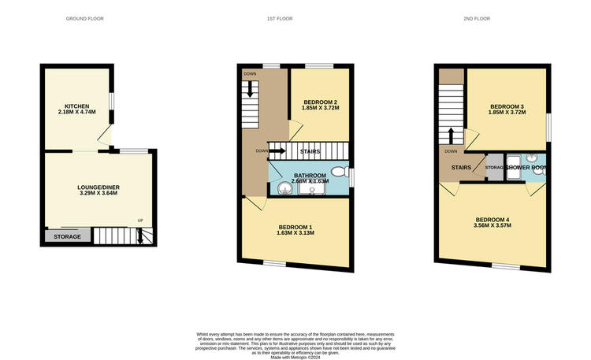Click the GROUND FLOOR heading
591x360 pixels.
(84, 18)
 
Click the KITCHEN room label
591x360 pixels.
(77, 106)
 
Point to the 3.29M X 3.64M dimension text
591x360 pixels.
(98, 194)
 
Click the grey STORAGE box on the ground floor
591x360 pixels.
(68, 236)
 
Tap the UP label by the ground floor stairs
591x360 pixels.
(140, 220)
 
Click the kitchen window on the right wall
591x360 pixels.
(111, 102)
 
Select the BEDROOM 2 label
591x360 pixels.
(322, 102)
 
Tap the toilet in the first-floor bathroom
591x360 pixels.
(339, 171)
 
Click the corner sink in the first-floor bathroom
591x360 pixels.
(283, 187)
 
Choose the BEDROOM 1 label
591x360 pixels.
(295, 226)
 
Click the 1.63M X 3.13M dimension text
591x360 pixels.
(295, 232)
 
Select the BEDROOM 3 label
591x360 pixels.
(507, 106)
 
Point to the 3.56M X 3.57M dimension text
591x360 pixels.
(493, 225)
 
